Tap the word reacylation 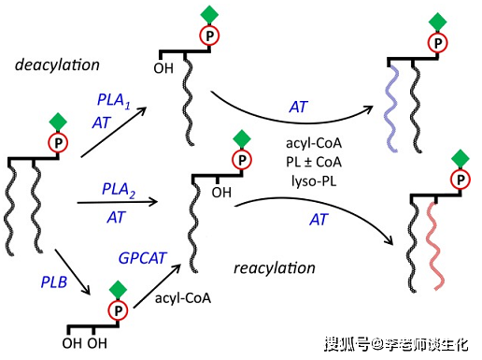[273, 268]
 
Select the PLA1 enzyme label [114, 99]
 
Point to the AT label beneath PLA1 [102, 122]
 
